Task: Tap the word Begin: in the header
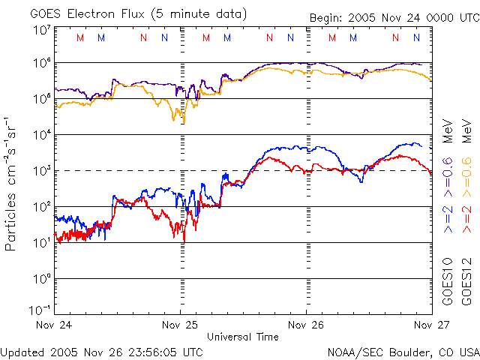(327, 18)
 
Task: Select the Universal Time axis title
(243, 337)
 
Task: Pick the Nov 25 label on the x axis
(181, 325)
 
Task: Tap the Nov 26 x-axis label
(306, 325)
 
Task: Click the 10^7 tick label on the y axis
(41, 29)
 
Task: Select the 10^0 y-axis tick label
(41, 278)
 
